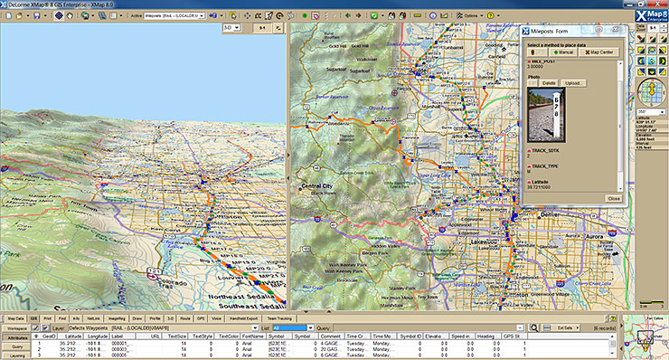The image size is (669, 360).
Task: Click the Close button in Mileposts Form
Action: [612, 197]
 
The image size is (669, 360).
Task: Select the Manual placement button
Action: [562, 53]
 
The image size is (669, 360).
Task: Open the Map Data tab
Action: [16, 318]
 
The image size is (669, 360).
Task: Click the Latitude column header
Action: [73, 336]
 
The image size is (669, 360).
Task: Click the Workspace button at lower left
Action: [17, 327]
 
